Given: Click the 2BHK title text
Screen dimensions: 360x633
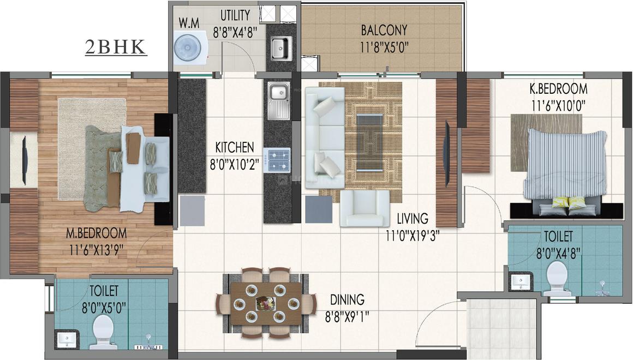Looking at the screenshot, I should pyautogui.click(x=116, y=47).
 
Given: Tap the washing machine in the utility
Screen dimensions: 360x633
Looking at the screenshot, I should pyautogui.click(x=187, y=47).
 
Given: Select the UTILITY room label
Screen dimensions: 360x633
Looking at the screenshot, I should pyautogui.click(x=235, y=15).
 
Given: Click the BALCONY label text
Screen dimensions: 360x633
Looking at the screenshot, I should pyautogui.click(x=384, y=29).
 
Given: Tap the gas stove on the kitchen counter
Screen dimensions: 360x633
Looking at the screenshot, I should pyautogui.click(x=277, y=159).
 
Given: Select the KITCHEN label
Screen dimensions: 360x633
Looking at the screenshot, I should pyautogui.click(x=234, y=147).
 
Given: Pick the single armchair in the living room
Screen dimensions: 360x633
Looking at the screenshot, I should pyautogui.click(x=365, y=208).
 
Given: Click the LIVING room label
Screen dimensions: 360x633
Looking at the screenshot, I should pyautogui.click(x=412, y=219).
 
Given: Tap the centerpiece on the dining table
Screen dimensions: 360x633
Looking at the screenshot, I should pyautogui.click(x=266, y=303).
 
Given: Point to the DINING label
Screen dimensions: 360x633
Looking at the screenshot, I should pyautogui.click(x=347, y=299).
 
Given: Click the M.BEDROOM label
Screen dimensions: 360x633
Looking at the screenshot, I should pyautogui.click(x=96, y=233).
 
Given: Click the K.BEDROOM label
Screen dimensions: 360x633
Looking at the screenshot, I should pyautogui.click(x=558, y=88).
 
